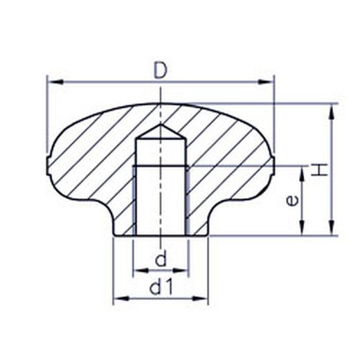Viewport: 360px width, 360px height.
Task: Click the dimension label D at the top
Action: [161, 70]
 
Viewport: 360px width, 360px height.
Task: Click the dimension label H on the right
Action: [319, 170]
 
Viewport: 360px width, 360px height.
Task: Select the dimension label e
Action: [292, 200]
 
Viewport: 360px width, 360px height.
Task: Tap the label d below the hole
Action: [161, 258]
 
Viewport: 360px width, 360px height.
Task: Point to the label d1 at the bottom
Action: [161, 287]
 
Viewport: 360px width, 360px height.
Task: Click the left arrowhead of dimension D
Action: [55, 82]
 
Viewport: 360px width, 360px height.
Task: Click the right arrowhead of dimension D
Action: [266, 82]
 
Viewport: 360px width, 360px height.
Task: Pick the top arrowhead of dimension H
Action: [332, 112]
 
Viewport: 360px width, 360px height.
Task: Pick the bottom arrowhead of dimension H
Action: [332, 228]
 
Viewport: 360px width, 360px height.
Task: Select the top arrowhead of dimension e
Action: [302, 174]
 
